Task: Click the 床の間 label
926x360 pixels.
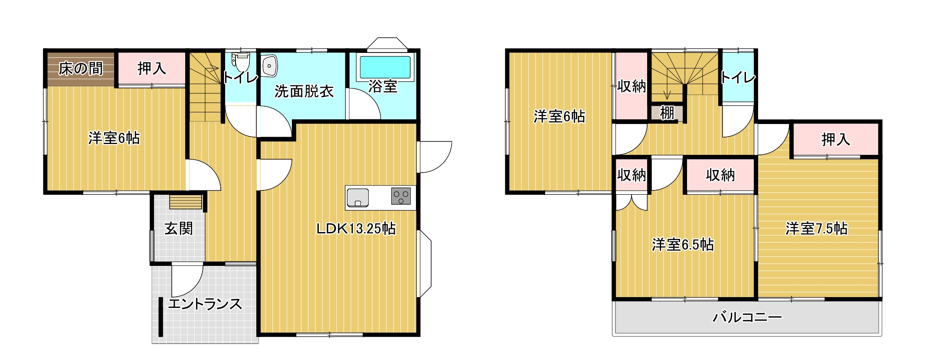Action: pos(81,69)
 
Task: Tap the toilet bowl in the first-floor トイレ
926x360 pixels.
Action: pos(241,62)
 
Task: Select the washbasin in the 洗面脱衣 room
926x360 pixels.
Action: pos(269,66)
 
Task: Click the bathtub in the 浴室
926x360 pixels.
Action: pos(385,67)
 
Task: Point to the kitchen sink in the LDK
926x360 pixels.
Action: pos(358,198)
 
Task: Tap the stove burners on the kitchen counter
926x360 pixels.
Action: pos(401,196)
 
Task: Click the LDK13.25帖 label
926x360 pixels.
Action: pos(356,229)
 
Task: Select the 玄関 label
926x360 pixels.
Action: pos(178,229)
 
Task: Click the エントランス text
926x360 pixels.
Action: pos(205,304)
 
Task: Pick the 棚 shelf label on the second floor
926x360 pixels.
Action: pos(667,113)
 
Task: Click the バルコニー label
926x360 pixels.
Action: pos(747,317)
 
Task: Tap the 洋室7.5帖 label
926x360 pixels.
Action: pos(816,229)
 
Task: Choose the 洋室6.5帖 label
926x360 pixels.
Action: pos(683,245)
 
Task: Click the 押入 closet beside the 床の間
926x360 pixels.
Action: pos(152,69)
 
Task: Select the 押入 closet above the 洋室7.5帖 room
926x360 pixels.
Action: pos(835,140)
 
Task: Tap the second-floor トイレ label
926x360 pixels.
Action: pos(738,78)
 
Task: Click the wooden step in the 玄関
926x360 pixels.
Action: pos(186,203)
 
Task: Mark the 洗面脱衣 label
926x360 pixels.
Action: pos(304,92)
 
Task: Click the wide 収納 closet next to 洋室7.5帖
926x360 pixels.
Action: pos(720,175)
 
